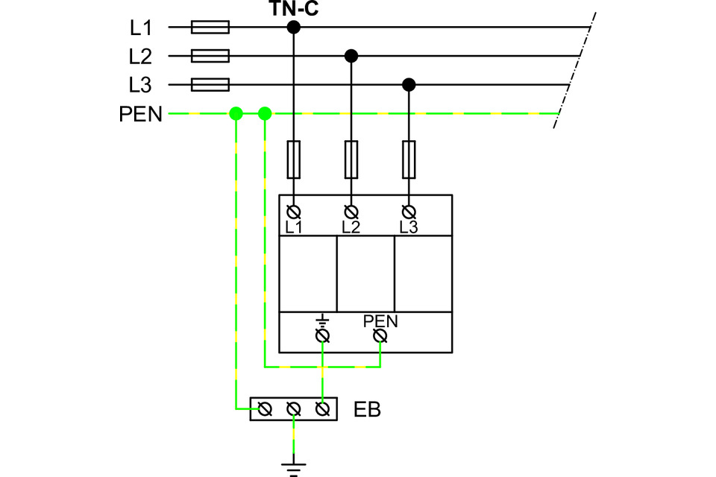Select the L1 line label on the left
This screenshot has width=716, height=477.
[140, 28]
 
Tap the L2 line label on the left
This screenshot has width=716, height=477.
[140, 56]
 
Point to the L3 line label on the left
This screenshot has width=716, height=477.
[140, 85]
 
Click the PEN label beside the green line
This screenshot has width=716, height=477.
[140, 114]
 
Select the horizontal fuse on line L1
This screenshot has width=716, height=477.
[210, 28]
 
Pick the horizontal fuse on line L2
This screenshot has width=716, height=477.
[210, 56]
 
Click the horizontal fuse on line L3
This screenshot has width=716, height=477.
[210, 85]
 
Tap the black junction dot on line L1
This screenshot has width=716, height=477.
[294, 28]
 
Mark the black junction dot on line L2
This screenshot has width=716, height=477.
[351, 56]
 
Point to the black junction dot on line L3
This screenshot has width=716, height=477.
[409, 85]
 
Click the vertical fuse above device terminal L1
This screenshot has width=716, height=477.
[294, 159]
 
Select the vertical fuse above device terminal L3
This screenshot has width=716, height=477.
[409, 159]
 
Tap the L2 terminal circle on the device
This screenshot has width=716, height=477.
[351, 211]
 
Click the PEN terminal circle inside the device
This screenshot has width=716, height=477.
[380, 337]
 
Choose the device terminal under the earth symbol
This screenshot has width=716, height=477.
[322, 337]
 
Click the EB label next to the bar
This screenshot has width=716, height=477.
[367, 410]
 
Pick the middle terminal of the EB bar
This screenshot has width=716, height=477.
[294, 409]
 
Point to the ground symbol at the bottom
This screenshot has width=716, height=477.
[294, 467]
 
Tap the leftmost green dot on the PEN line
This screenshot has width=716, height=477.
[236, 114]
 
